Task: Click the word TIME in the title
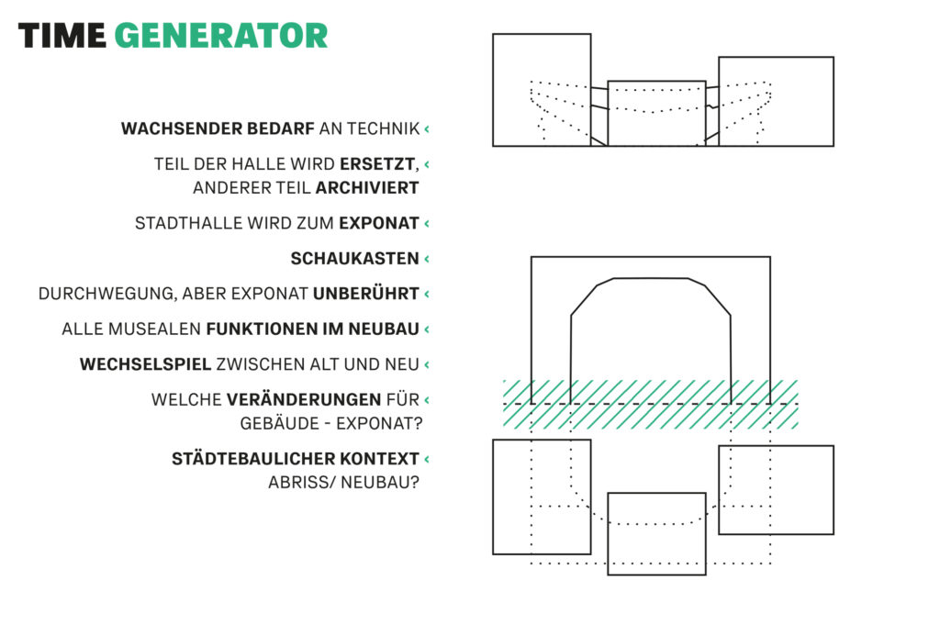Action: (62, 36)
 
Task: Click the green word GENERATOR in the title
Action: (220, 36)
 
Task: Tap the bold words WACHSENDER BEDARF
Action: (218, 128)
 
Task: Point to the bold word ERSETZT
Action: (377, 164)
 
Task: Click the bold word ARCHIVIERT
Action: (367, 188)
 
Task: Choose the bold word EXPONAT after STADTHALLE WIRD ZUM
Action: (379, 224)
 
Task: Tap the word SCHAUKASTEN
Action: (355, 259)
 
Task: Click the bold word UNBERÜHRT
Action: (365, 294)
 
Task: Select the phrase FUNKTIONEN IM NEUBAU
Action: (312, 329)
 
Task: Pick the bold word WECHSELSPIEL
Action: (145, 364)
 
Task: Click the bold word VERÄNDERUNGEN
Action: (303, 399)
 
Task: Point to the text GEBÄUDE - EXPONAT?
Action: (331, 424)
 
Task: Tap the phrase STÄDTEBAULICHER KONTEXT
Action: (295, 458)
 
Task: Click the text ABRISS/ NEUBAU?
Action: (343, 483)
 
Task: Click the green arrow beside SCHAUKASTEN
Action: (427, 259)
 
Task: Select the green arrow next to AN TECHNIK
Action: (427, 128)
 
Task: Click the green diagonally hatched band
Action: (651, 404)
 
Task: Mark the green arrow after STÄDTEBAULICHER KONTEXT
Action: (427, 459)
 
